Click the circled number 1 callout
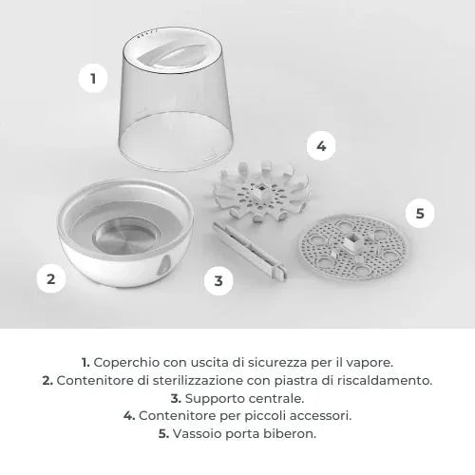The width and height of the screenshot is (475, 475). coord(93,79)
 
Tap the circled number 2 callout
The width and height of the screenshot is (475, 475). coord(51,279)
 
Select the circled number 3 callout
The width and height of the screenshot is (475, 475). coord(219,280)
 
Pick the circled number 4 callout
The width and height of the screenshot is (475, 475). coord(321,146)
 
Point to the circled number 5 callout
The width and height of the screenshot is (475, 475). coord(420,213)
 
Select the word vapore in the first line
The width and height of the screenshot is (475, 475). coord(369,361)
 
